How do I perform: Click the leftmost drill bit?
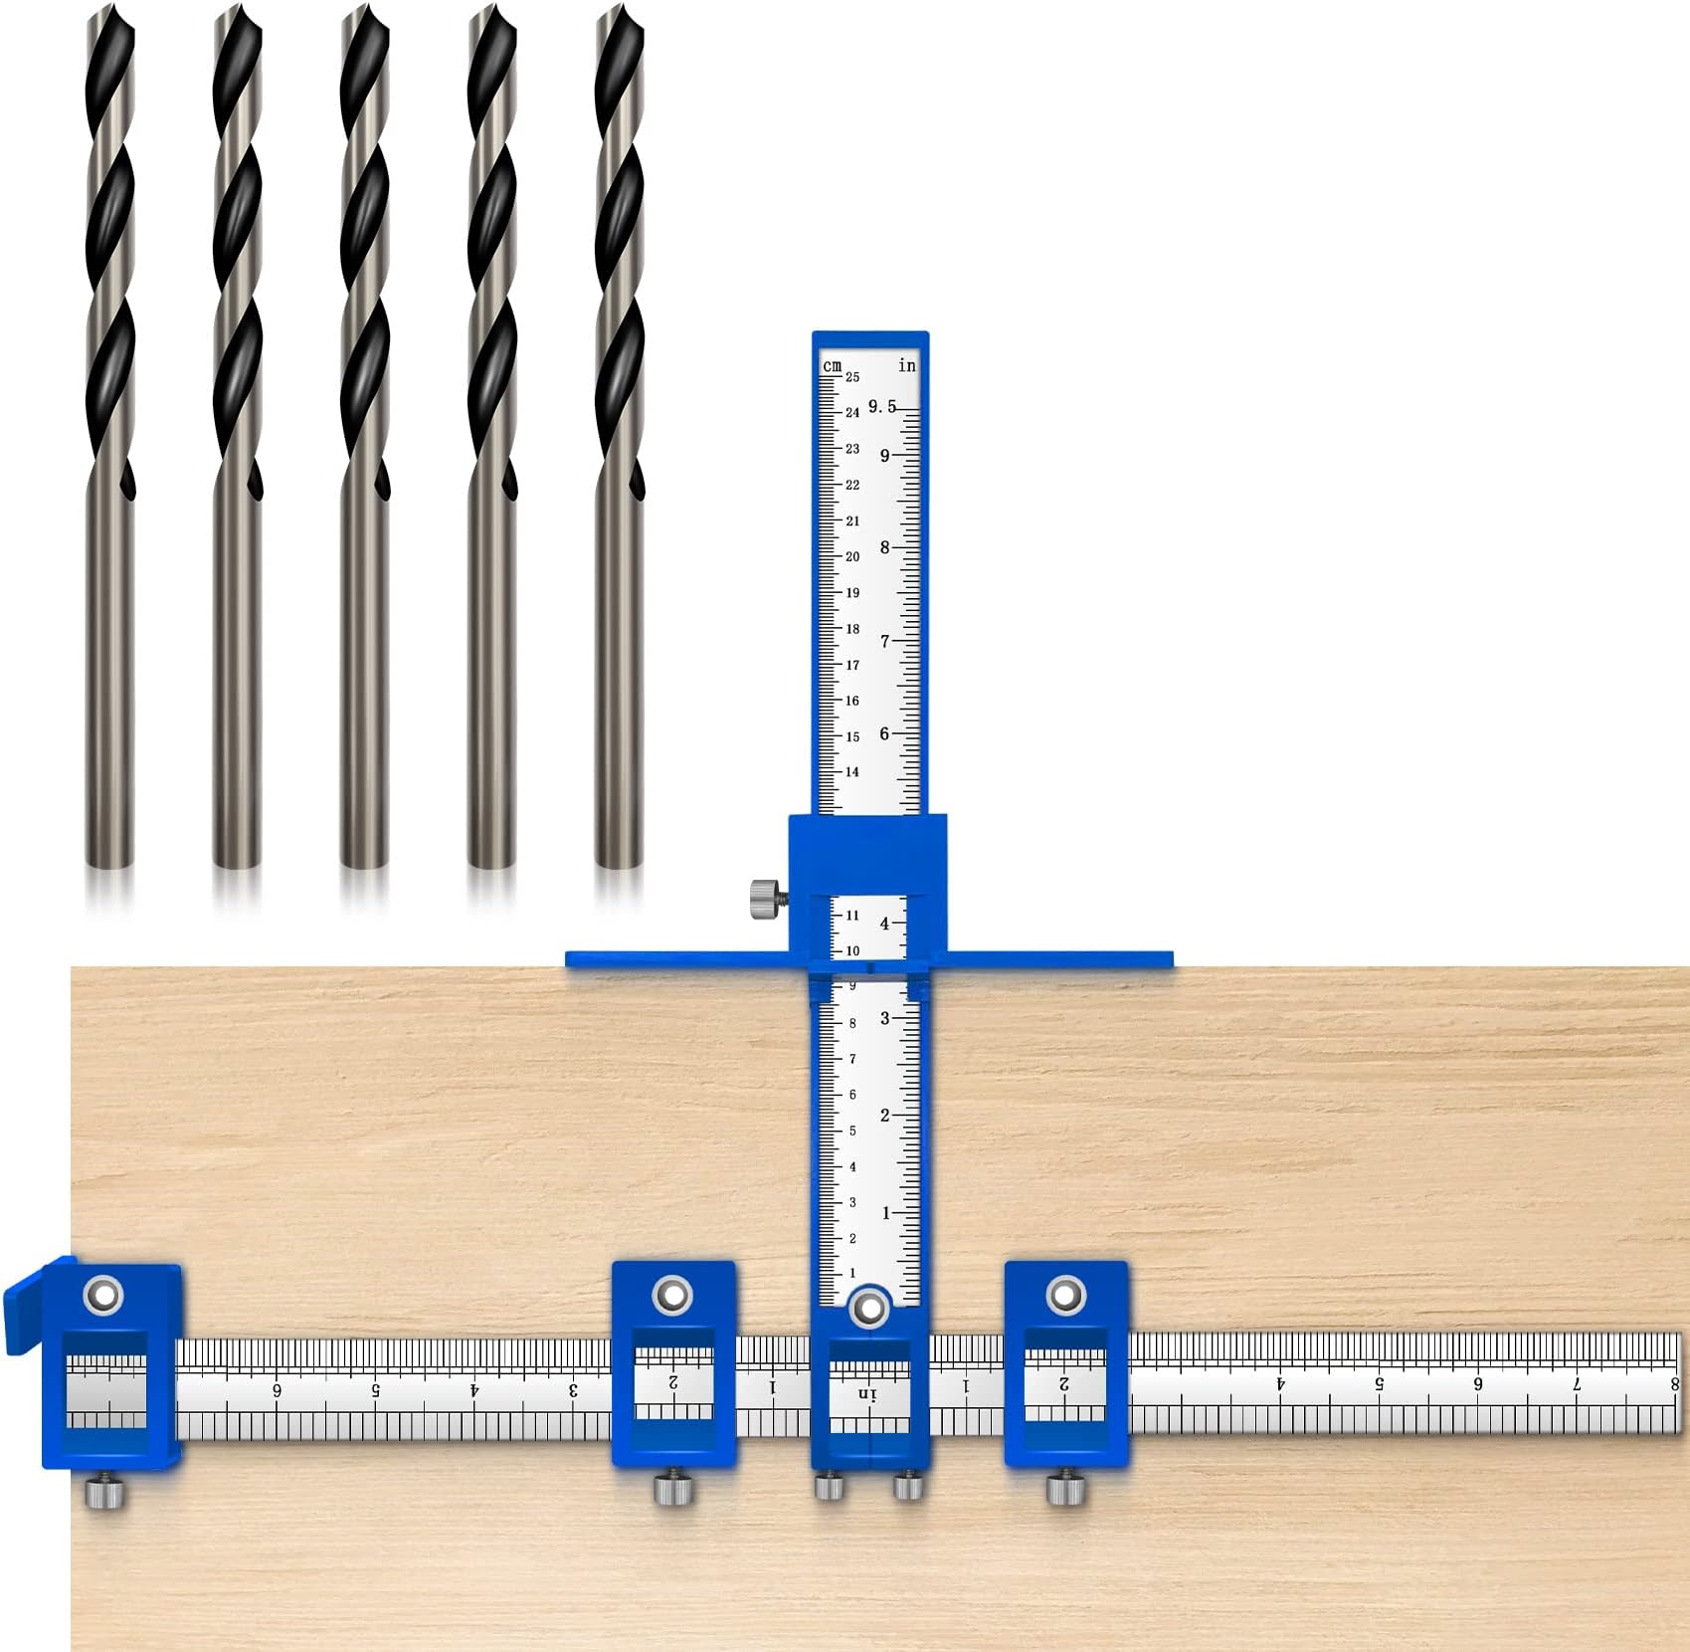[x=109, y=438]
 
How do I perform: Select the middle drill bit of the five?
[x=364, y=438]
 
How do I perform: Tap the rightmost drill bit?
[x=619, y=438]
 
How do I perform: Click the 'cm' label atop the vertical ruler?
[x=833, y=366]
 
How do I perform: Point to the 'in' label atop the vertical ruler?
[x=906, y=365]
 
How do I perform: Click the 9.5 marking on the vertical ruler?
[x=881, y=406]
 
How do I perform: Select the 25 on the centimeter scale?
[x=852, y=377]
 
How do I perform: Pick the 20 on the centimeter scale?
[x=852, y=556]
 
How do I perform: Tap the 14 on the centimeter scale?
[x=852, y=771]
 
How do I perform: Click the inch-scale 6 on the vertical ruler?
[x=884, y=733]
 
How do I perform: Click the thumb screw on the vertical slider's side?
[x=766, y=899]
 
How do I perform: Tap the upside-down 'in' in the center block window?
[x=868, y=1394]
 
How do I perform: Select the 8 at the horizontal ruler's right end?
[x=1675, y=1383]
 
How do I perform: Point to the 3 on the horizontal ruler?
[x=574, y=1389]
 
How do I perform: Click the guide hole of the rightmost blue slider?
[x=1065, y=1295]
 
